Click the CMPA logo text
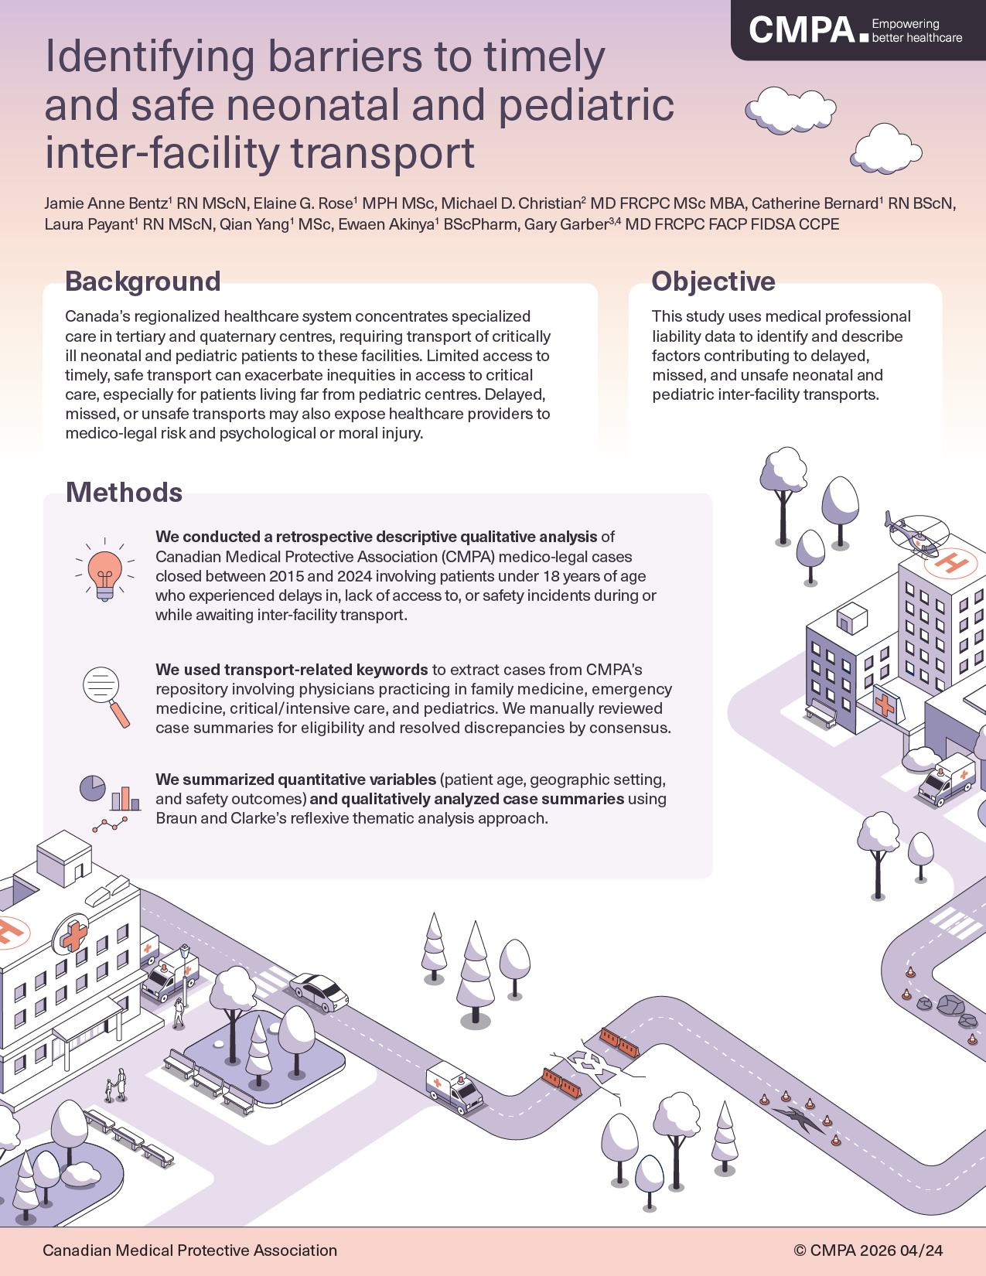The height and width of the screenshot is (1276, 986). [x=802, y=30]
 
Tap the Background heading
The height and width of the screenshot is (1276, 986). [x=143, y=281]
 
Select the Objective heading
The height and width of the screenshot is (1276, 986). [x=714, y=281]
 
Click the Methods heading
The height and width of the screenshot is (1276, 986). [x=124, y=492]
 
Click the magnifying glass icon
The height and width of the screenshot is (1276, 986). [x=106, y=697]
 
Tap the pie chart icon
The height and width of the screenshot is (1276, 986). [x=92, y=788]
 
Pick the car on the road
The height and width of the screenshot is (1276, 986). [x=319, y=991]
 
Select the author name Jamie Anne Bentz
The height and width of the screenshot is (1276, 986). [x=106, y=203]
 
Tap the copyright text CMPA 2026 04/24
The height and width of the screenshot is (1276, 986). [x=868, y=1250]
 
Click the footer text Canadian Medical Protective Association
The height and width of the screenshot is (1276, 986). [x=189, y=1250]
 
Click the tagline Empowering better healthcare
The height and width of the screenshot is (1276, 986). [x=916, y=30]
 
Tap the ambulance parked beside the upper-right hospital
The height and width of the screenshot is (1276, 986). [x=946, y=779]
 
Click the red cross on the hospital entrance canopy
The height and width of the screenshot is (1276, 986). [x=885, y=705]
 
